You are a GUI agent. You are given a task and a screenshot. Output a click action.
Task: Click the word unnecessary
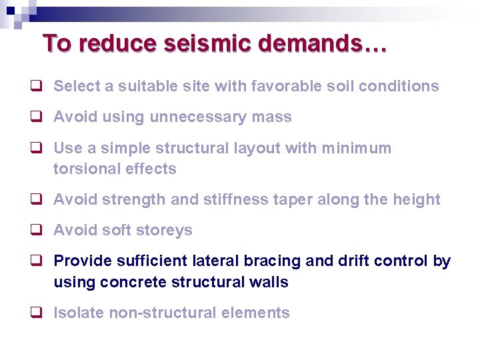click(198, 117)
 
